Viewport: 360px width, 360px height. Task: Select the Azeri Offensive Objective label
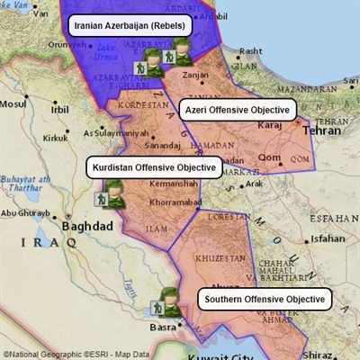[x=238, y=110]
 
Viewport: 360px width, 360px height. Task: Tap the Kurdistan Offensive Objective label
[x=154, y=167]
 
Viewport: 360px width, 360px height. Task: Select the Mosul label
[x=14, y=104]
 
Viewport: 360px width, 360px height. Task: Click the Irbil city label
[x=59, y=110]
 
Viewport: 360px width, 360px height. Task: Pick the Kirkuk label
[x=55, y=138]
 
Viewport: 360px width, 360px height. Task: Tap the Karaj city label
[x=269, y=127]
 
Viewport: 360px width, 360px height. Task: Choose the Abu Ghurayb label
[x=24, y=213]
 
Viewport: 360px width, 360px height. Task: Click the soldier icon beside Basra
[x=167, y=303]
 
